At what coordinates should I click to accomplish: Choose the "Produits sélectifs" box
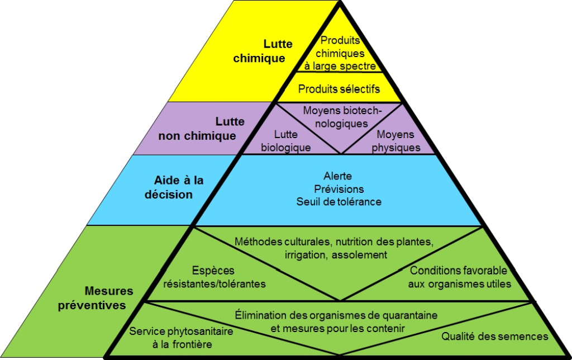339,89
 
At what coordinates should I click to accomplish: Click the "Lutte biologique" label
286,141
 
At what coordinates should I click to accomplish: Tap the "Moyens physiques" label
395,141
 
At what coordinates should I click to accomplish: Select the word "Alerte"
338,176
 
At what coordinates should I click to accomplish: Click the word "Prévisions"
339,189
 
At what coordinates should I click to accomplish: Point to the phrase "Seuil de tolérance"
339,201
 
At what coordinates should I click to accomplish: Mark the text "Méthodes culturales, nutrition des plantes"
334,242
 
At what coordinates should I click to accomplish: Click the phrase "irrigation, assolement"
335,255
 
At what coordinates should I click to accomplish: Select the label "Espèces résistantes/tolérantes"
214,277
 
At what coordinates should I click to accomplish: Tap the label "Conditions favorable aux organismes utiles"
459,277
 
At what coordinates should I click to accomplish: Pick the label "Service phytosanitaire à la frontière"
182,338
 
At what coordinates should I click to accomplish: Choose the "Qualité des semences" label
495,337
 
